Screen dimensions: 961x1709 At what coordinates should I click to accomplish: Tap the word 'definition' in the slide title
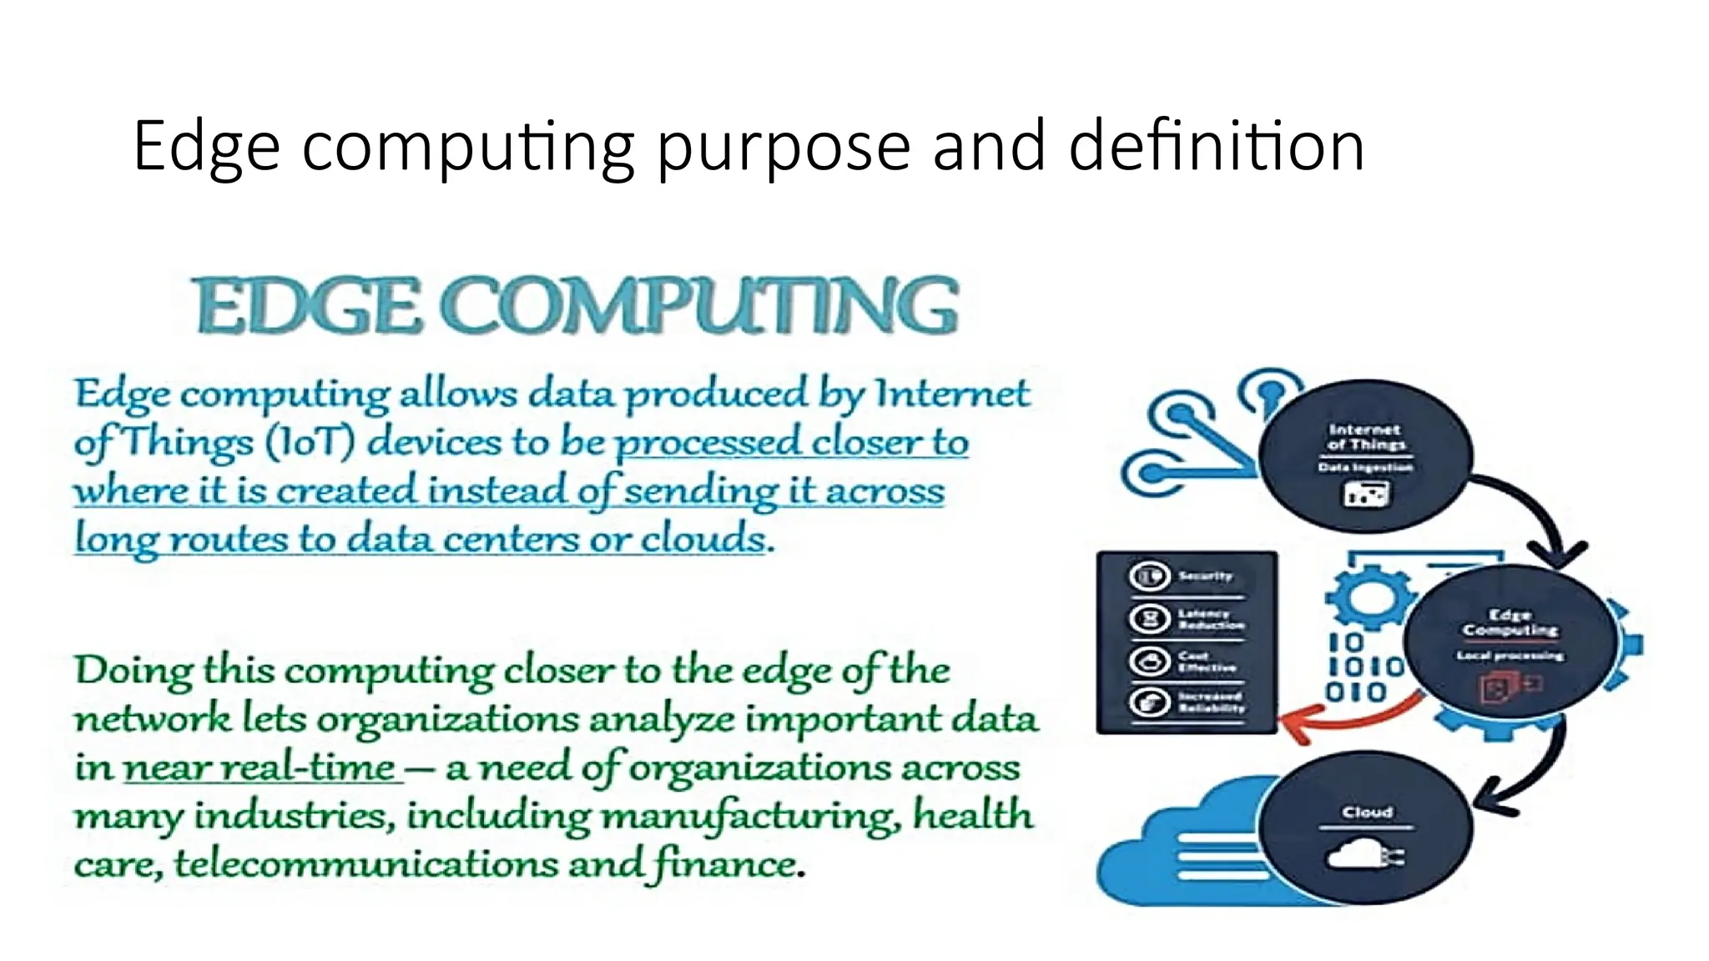click(1216, 146)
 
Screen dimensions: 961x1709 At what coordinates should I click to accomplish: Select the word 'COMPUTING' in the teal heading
click(705, 305)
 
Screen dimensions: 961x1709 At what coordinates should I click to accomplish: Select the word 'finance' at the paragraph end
click(724, 863)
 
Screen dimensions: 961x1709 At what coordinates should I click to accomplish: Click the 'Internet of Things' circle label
click(1365, 436)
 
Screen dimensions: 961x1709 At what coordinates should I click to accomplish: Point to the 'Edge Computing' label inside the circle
click(1510, 622)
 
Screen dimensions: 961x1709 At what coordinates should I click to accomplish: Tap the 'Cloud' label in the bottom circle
click(1367, 812)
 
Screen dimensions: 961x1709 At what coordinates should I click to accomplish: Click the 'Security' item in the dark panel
click(1205, 576)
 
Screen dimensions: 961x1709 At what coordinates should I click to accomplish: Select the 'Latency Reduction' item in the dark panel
click(1210, 619)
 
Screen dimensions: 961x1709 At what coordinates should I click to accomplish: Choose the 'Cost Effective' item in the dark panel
click(1206, 662)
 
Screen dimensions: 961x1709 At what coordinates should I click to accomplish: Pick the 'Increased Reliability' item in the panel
click(1210, 702)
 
